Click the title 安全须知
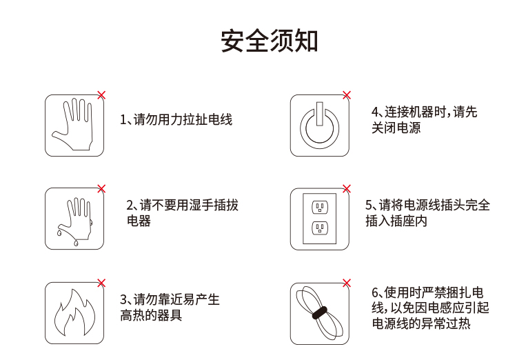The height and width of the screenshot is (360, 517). click(269, 41)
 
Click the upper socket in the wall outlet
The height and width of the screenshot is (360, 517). click(320, 208)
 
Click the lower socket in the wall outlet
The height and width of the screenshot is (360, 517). click(320, 228)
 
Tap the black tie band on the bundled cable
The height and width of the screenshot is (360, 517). click(319, 312)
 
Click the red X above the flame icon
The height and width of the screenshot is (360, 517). click(101, 283)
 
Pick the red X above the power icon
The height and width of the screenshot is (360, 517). click(347, 95)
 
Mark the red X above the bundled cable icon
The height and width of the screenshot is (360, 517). click(347, 283)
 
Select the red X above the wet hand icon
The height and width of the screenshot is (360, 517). click(101, 189)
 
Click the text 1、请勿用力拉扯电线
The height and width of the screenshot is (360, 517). click(176, 119)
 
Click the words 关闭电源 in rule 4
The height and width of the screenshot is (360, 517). click(396, 128)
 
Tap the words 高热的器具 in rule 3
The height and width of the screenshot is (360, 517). click(151, 315)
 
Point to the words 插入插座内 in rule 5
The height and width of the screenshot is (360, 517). click(396, 221)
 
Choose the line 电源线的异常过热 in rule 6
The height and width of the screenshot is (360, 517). click(421, 323)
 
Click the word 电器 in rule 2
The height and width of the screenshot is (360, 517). click(139, 221)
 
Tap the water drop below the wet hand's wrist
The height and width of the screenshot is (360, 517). click(76, 243)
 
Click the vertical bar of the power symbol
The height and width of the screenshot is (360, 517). click(319, 114)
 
